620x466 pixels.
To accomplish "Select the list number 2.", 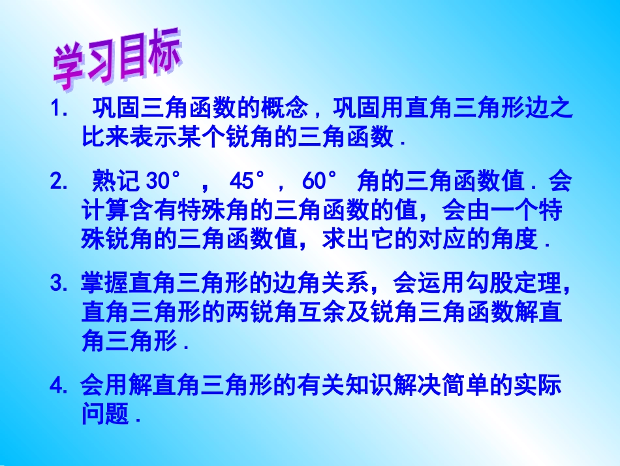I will tap(59, 182).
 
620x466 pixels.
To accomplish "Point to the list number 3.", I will tap(59, 284).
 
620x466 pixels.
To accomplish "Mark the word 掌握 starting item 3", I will tap(105, 284).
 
